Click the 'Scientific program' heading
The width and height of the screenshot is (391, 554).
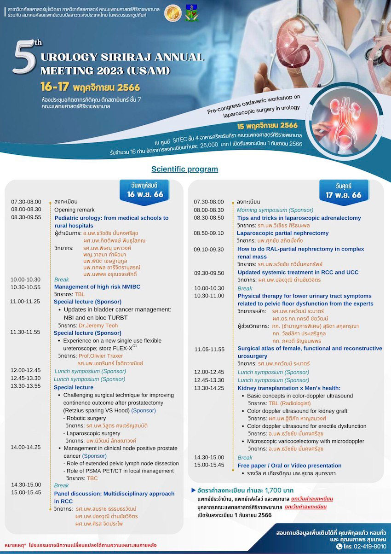[x=184, y=169]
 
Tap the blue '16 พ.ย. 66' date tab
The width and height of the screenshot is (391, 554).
[x=145, y=190]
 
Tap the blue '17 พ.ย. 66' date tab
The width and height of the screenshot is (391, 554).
[x=343, y=191]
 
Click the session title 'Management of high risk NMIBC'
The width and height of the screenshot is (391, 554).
[x=97, y=287]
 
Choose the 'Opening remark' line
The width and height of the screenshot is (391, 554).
[x=74, y=210]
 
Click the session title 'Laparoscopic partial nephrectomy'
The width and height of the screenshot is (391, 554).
[x=283, y=233]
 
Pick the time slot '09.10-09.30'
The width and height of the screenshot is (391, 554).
[x=209, y=249]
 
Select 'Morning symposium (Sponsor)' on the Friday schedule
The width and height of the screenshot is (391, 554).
[x=275, y=210]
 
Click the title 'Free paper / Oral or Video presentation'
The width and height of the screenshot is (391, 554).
[x=289, y=466]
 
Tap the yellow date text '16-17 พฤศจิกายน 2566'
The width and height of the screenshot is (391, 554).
[x=90, y=87]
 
